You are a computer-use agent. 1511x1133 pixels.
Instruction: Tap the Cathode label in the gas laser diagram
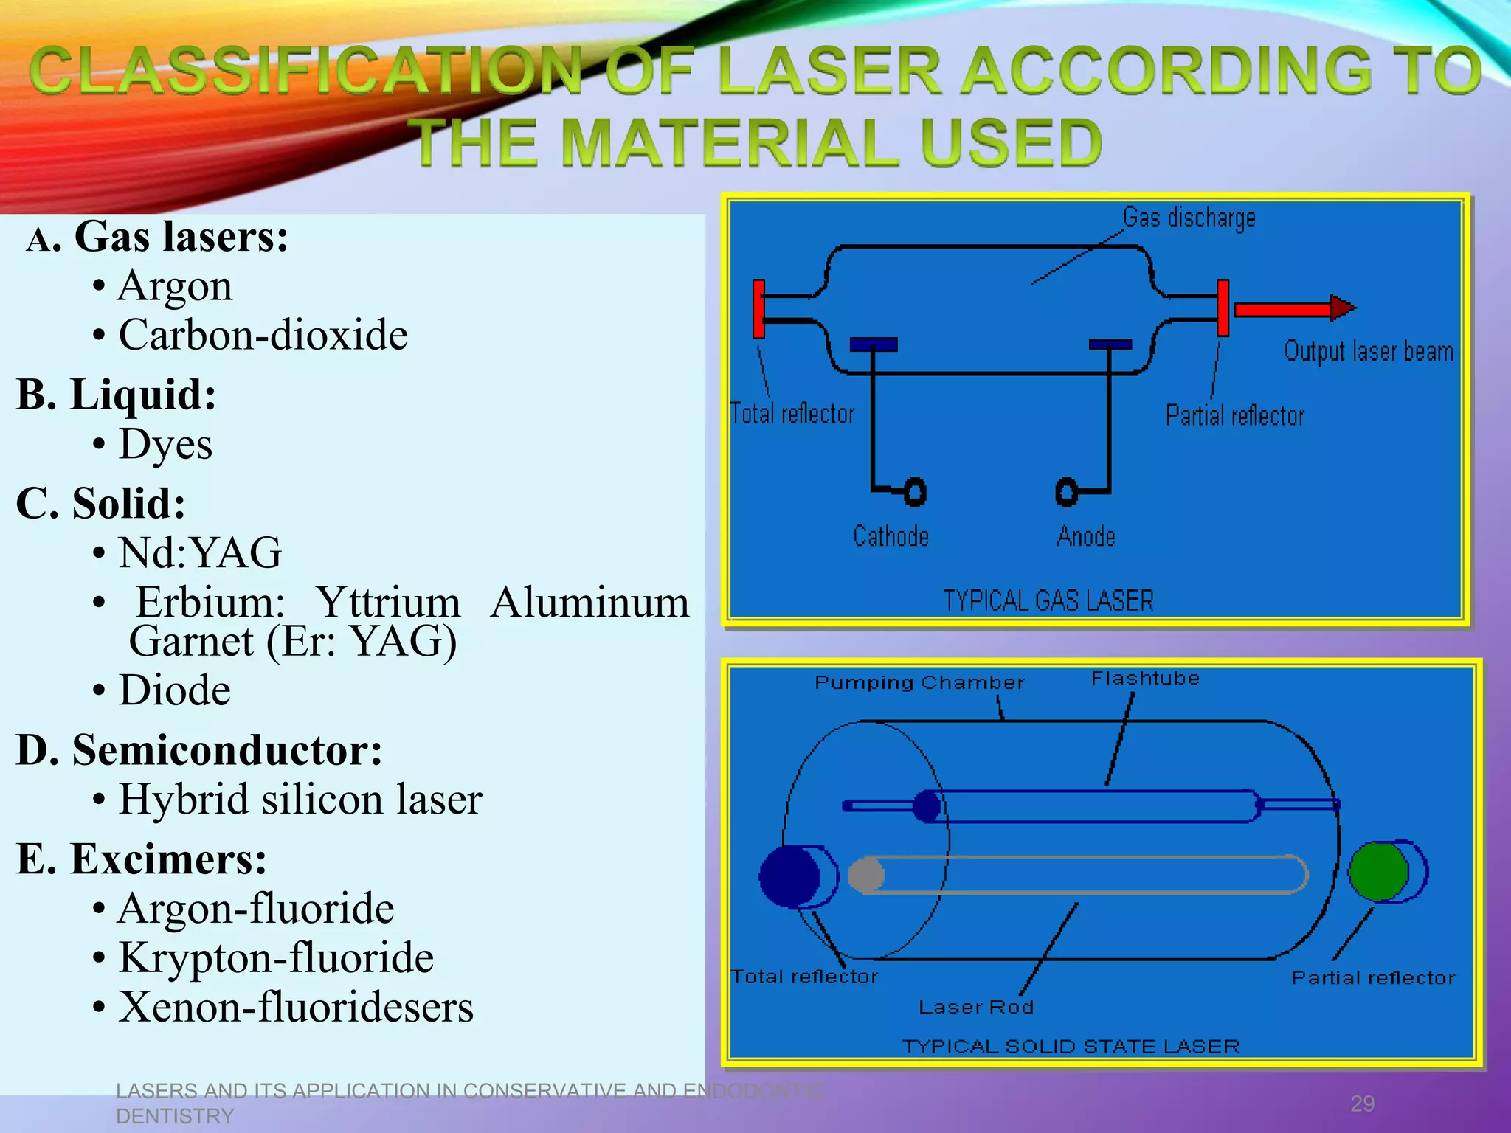click(891, 536)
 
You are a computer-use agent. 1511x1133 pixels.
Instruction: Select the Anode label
click(1085, 536)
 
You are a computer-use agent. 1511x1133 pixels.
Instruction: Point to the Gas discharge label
click(1189, 218)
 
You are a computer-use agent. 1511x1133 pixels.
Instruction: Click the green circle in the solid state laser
click(1377, 871)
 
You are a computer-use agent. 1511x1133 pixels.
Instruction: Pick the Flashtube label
click(1145, 679)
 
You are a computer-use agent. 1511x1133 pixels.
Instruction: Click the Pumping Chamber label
click(919, 683)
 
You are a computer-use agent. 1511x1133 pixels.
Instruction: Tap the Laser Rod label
click(975, 1008)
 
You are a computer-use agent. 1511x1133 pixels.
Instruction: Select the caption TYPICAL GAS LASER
click(1048, 601)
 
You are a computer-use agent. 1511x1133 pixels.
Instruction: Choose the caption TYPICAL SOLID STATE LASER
click(1071, 1047)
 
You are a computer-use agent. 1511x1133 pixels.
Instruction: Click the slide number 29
click(1362, 1103)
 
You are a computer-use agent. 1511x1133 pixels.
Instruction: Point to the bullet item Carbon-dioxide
click(263, 336)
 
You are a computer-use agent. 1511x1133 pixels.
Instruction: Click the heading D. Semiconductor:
click(199, 750)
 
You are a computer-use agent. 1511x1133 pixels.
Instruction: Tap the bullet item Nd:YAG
click(200, 553)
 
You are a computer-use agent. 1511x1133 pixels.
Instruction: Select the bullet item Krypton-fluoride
click(276, 958)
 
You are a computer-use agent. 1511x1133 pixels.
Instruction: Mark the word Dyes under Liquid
click(166, 445)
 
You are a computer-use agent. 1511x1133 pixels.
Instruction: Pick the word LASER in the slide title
click(829, 71)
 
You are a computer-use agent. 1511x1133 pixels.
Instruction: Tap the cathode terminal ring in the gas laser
click(915, 492)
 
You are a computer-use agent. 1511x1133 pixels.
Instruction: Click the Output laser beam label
click(1369, 352)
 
